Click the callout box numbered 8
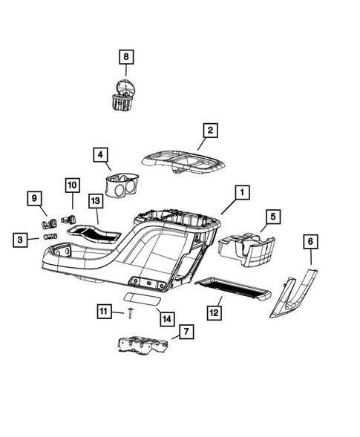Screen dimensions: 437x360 coord(125,56)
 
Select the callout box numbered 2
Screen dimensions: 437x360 coord(210,131)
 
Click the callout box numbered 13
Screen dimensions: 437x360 coord(96,200)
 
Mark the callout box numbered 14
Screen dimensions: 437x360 coord(166,318)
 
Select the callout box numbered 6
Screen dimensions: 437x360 coord(310,241)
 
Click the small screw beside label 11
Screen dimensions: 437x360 coord(129,315)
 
